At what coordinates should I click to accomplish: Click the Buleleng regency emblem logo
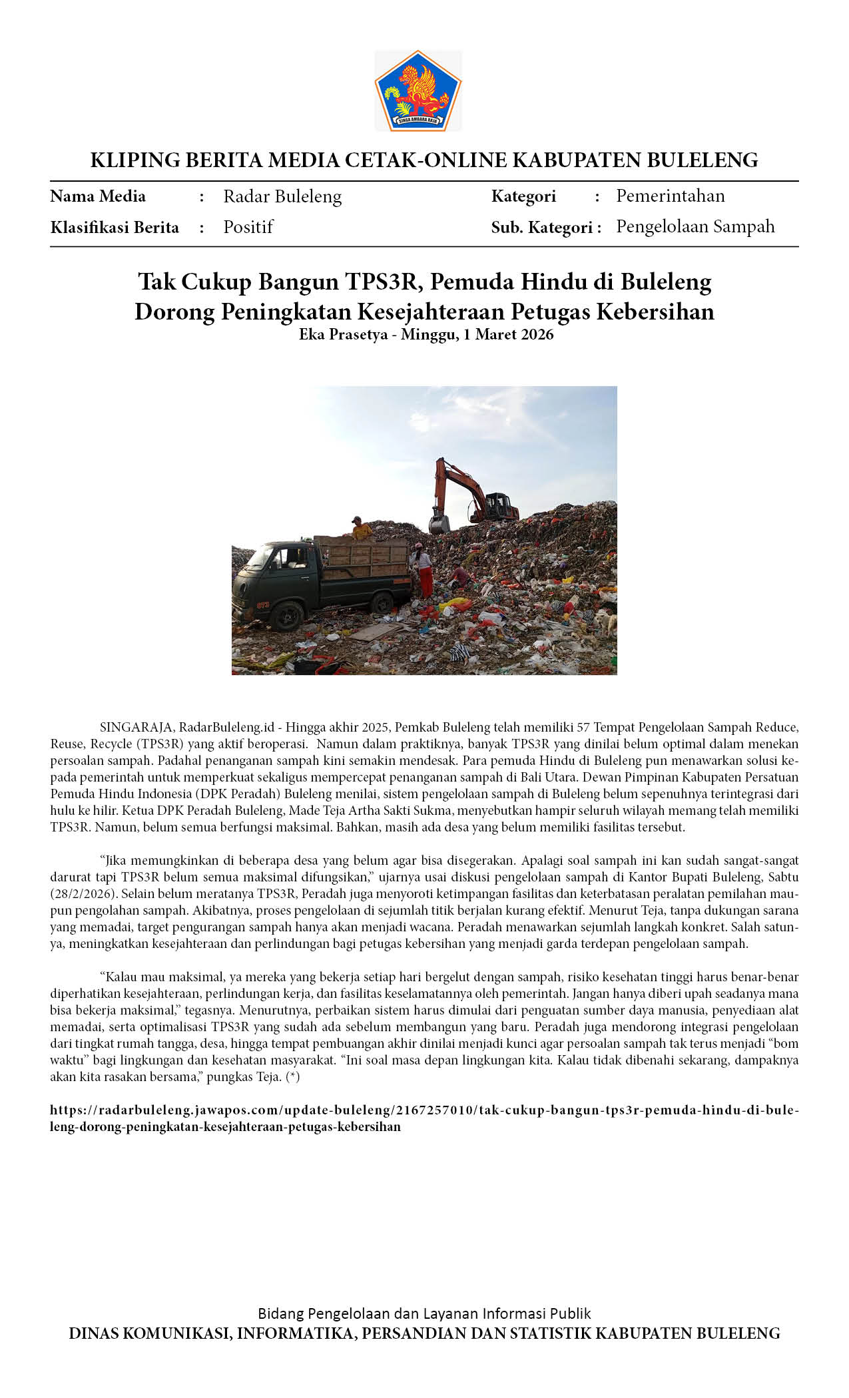pyautogui.click(x=418, y=91)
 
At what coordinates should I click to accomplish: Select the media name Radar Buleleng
pyautogui.click(x=282, y=196)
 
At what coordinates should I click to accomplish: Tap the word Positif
pyautogui.click(x=248, y=227)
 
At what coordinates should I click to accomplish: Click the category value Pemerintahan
pyautogui.click(x=670, y=196)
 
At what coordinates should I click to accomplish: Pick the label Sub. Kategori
pyautogui.click(x=545, y=228)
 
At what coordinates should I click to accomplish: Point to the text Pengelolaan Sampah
pyautogui.click(x=695, y=226)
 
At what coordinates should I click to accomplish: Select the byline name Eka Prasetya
pyautogui.click(x=343, y=334)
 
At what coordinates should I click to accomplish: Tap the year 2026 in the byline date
pyautogui.click(x=537, y=334)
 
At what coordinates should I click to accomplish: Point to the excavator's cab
pyautogui.click(x=500, y=506)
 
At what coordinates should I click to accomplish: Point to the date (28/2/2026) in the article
pyautogui.click(x=83, y=893)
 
